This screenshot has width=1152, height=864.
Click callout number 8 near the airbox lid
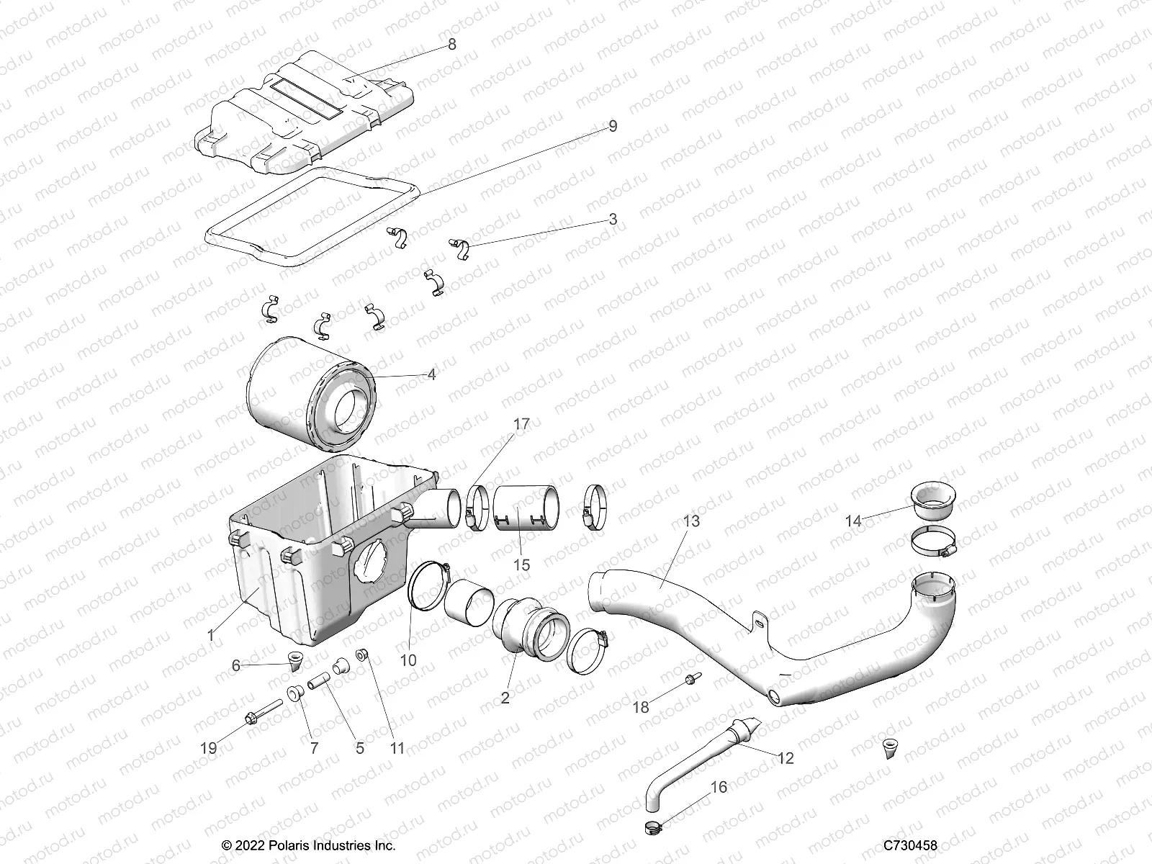[x=451, y=45]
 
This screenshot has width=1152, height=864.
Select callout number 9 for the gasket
[x=613, y=127]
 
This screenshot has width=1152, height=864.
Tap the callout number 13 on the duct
[x=691, y=521]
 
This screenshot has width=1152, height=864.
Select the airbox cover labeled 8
[x=302, y=115]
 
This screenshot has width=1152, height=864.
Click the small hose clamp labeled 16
[x=651, y=827]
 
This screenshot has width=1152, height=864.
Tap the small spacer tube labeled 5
[x=320, y=680]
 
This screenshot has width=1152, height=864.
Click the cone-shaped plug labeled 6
[x=295, y=660]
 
